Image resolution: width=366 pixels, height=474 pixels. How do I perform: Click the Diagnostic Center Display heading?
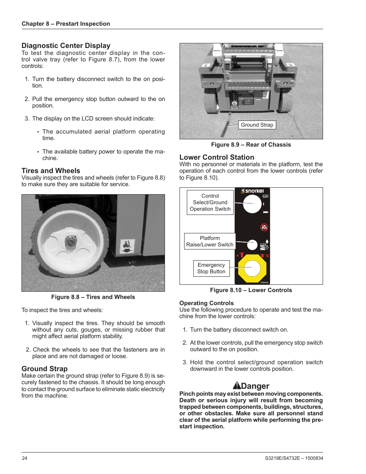point(66,46)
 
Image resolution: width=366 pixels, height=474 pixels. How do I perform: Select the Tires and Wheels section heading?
point(51,171)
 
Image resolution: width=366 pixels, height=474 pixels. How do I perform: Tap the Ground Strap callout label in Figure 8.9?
point(257,125)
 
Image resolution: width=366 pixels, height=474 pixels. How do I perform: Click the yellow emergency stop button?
point(252,268)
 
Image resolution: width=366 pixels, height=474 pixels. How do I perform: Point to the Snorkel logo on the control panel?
point(252,191)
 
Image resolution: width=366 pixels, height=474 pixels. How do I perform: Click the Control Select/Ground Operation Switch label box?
point(210,202)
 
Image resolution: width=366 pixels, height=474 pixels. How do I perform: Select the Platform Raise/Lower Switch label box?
point(209,241)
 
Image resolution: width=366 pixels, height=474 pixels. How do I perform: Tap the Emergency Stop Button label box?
point(211,268)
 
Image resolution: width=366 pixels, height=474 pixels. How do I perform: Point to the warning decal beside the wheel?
point(127,246)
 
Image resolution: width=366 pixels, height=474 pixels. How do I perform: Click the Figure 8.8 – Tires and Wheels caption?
point(93,297)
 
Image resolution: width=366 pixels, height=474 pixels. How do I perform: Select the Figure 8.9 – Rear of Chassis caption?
point(251,145)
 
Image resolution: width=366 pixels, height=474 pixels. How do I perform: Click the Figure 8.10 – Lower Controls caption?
point(251,290)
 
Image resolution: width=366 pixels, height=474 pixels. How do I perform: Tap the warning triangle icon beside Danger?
point(237,386)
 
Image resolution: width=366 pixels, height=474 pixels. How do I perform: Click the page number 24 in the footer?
point(25,458)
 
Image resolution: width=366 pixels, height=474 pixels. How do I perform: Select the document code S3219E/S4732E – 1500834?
point(294,458)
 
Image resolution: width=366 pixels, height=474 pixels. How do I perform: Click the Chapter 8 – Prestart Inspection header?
point(66,24)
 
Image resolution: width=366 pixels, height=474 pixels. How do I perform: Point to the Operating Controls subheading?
point(206,303)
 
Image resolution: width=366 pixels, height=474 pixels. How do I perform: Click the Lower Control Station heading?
point(216,157)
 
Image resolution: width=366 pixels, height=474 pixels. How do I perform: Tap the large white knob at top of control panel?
point(252,203)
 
